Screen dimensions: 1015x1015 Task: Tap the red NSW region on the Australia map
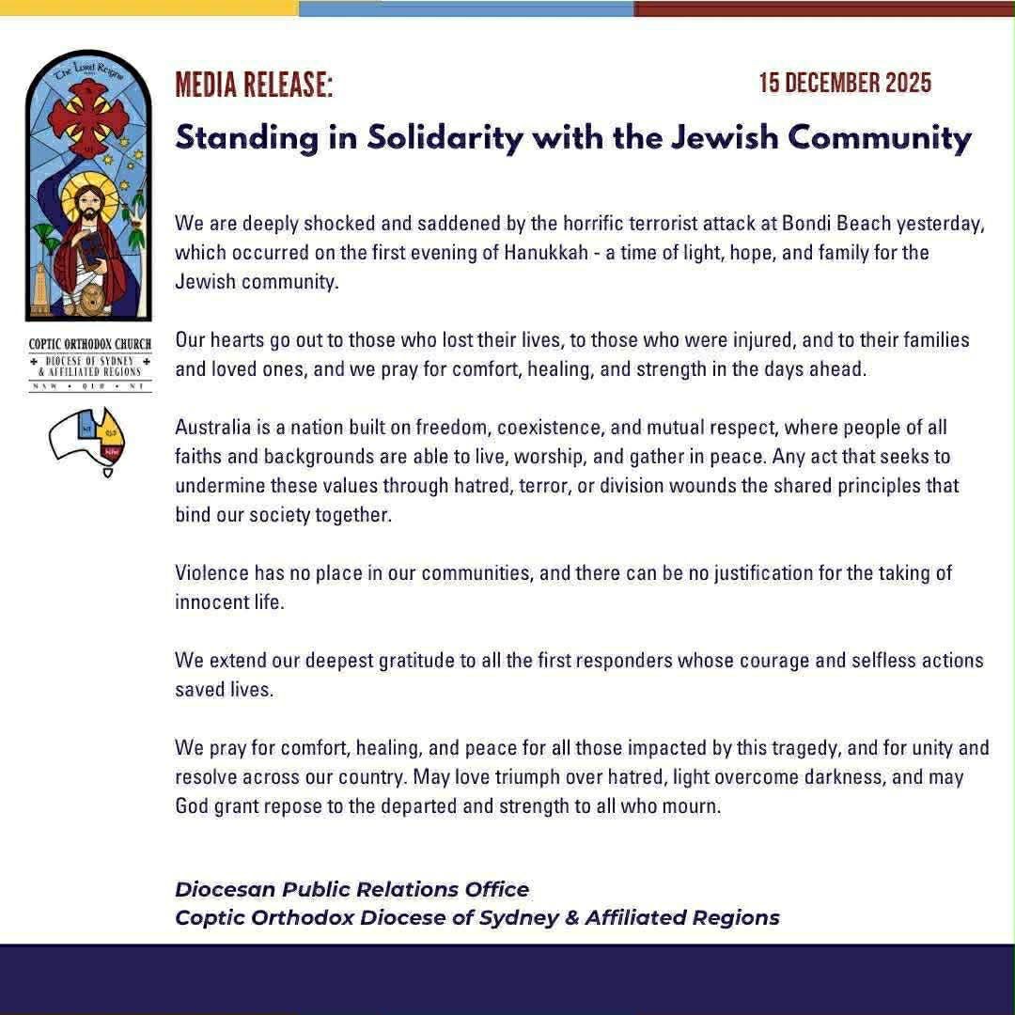[112, 452]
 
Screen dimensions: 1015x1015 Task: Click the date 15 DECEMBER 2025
[845, 83]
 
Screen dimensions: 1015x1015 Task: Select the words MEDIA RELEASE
[254, 85]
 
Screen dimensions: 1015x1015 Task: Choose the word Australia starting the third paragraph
[213, 427]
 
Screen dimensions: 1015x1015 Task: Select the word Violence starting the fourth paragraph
[211, 572]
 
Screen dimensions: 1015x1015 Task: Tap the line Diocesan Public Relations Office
[351, 889]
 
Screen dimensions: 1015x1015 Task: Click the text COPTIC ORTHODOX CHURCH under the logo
[89, 345]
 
